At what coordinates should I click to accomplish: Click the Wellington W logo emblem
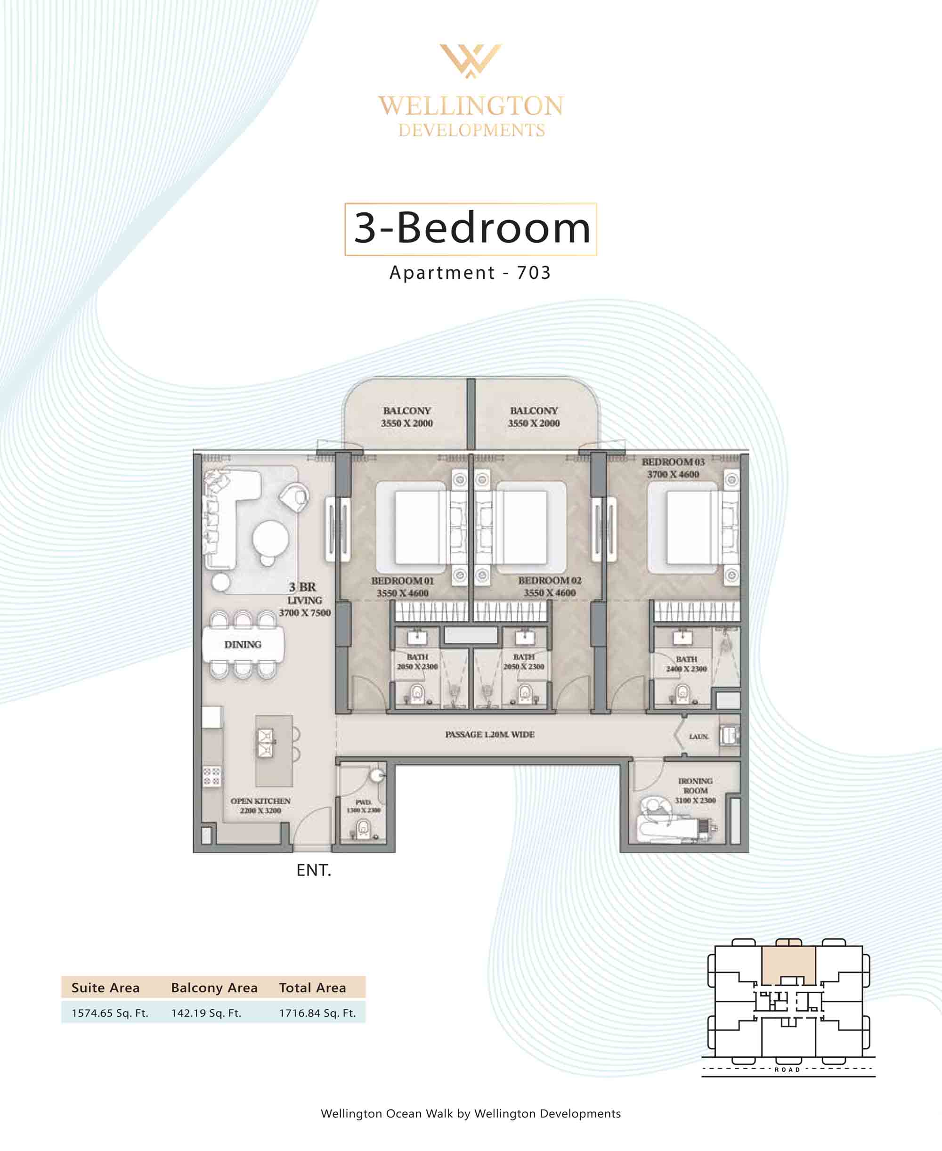pyautogui.click(x=471, y=61)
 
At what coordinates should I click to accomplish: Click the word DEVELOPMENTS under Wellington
pyautogui.click(x=471, y=130)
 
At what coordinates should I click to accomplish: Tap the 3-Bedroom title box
pyautogui.click(x=471, y=229)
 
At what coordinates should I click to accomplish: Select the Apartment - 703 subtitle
pyautogui.click(x=470, y=272)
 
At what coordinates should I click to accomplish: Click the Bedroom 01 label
pyautogui.click(x=403, y=580)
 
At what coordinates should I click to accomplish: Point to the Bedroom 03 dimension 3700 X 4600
pyautogui.click(x=673, y=475)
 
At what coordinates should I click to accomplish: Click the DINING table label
pyautogui.click(x=243, y=644)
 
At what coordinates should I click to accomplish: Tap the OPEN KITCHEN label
pyautogui.click(x=260, y=801)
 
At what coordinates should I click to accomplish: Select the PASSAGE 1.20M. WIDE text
pyautogui.click(x=489, y=734)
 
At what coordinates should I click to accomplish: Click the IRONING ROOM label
pyautogui.click(x=695, y=786)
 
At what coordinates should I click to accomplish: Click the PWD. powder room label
pyautogui.click(x=363, y=802)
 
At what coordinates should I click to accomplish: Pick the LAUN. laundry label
pyautogui.click(x=699, y=736)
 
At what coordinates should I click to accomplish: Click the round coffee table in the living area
pyautogui.click(x=270, y=538)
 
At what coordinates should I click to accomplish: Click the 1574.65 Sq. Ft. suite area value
pyautogui.click(x=110, y=1013)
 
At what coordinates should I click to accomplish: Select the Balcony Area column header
pyautogui.click(x=214, y=988)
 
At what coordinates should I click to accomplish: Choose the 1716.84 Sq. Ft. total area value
pyautogui.click(x=317, y=1013)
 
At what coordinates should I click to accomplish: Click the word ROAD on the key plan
pyautogui.click(x=788, y=1070)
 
